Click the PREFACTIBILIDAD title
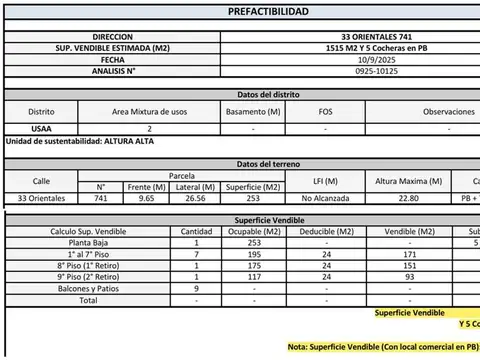coord(262,12)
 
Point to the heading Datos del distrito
coord(262,94)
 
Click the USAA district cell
coord(41,129)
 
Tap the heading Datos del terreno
coord(262,163)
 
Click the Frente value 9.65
coord(147,199)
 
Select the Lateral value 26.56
coord(195,199)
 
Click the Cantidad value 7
coord(196,255)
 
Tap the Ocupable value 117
coord(253,277)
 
